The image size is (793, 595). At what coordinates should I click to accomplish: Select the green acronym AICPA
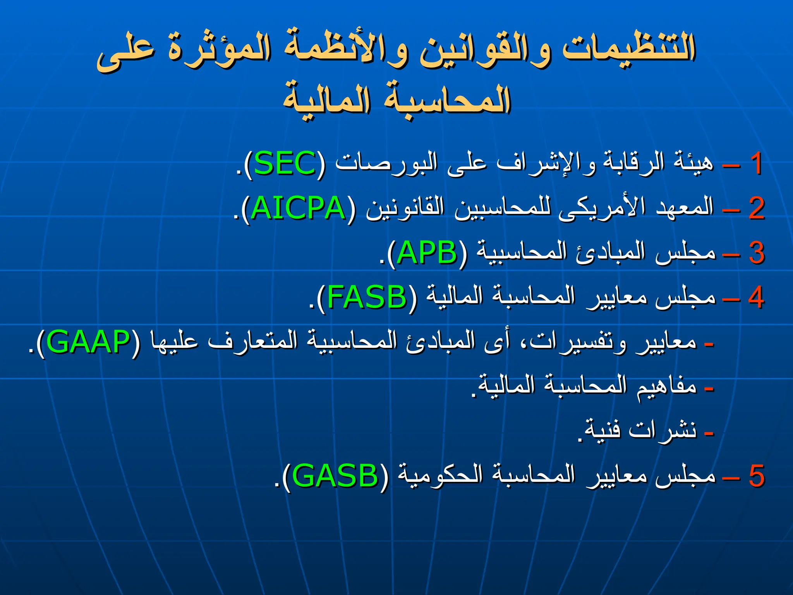pos(298,208)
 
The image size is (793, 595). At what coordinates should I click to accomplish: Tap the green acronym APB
pos(427,253)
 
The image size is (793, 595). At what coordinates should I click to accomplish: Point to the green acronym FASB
pos(366,297)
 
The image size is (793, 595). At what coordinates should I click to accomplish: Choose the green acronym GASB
pos(335,476)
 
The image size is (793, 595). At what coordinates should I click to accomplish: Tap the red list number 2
pos(756,208)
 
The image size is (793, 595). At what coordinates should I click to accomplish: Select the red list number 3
pos(756,253)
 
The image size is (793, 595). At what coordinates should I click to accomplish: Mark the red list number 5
pos(756,476)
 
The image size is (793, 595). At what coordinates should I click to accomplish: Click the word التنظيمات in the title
pos(629,48)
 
